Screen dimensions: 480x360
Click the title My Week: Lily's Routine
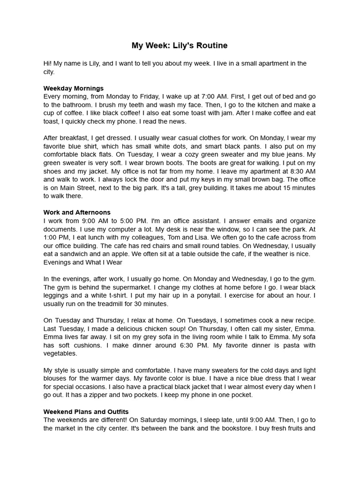pyautogui.click(x=180, y=46)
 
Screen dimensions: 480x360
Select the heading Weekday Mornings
pyautogui.click(x=74, y=88)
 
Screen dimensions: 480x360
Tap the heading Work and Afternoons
pyautogui.click(x=77, y=212)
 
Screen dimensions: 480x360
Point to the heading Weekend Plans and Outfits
pyautogui.click(x=86, y=412)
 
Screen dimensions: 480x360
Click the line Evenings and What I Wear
pyautogui.click(x=83, y=262)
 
